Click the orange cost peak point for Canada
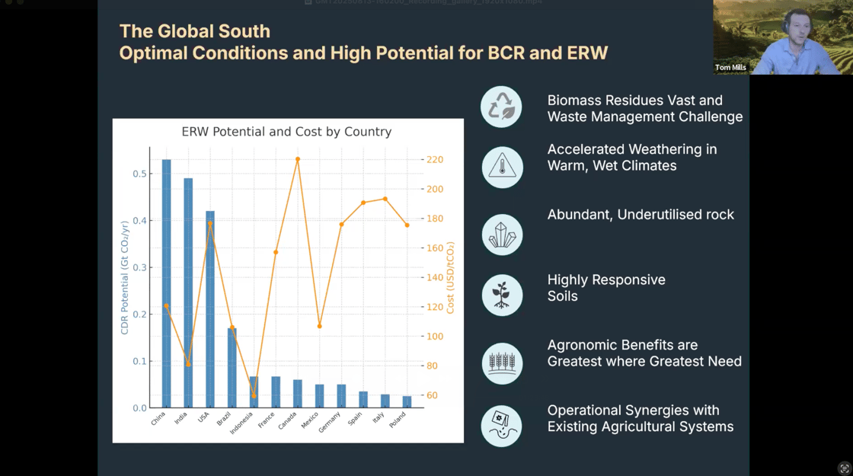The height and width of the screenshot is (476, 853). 298,159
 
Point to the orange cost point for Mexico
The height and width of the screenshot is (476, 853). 320,326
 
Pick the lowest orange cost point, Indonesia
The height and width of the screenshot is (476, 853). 254,395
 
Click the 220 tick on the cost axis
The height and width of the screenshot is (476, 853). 435,160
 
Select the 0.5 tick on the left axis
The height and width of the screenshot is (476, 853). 139,174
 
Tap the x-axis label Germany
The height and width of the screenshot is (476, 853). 330,422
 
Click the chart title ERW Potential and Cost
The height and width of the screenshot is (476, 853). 286,132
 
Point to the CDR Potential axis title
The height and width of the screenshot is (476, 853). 125,277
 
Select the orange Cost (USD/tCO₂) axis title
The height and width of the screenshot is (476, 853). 451,277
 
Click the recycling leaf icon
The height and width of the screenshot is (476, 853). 502,107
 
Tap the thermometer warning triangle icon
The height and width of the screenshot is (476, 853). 502,165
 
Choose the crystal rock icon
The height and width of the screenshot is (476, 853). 502,235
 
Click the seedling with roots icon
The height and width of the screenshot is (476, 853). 502,296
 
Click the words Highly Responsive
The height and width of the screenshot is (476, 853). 606,280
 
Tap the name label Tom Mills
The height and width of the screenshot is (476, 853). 730,68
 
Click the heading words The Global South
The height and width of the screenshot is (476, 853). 195,31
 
